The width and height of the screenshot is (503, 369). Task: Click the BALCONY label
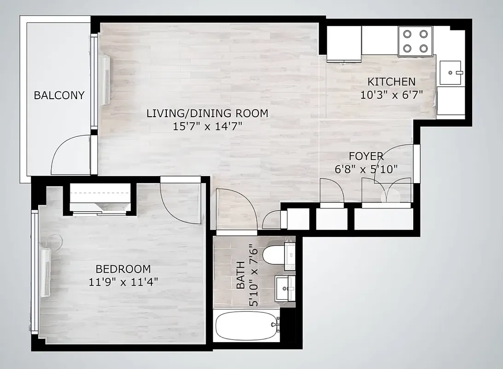(59, 95)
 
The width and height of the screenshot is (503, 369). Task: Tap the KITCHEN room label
(391, 82)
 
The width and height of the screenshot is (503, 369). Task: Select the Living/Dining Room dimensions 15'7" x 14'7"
(207, 126)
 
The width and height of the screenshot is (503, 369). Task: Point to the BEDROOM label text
(123, 269)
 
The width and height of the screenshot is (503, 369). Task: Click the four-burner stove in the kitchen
(415, 41)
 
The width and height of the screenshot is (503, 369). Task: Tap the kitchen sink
(450, 72)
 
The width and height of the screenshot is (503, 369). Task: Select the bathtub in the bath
(247, 326)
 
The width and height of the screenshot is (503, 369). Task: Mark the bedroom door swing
(180, 203)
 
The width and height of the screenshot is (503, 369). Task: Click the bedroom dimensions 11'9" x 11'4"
(123, 282)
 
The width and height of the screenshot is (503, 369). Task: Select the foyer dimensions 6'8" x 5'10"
(366, 169)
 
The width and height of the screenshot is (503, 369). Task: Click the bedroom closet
(100, 198)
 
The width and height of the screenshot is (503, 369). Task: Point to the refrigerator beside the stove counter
(344, 43)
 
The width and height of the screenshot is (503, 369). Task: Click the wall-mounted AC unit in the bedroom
(46, 272)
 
